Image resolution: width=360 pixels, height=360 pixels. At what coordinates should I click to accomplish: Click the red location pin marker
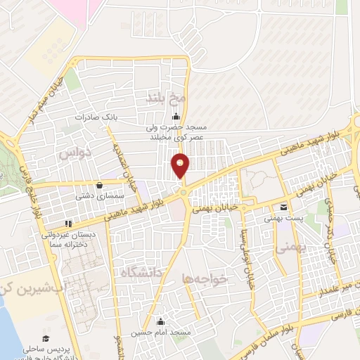click(x=181, y=165)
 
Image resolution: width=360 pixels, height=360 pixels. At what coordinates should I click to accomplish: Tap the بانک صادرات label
click(x=96, y=117)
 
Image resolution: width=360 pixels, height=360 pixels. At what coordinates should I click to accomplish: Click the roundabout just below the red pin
click(x=183, y=192)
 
